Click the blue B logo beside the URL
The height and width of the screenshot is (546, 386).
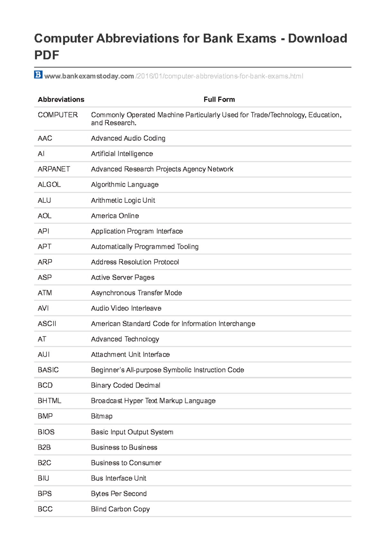point(38,75)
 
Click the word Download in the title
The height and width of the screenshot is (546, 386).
point(317,39)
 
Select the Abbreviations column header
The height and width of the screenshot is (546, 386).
point(61,99)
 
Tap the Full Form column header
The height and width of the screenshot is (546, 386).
point(219,99)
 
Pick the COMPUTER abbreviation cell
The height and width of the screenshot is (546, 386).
point(58,115)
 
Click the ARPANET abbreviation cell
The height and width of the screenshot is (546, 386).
point(54,169)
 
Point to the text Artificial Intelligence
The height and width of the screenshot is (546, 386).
point(122,154)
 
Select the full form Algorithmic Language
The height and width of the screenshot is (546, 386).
point(125,185)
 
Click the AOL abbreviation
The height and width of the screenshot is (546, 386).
point(44,216)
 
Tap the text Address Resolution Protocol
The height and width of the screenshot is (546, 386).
point(135,262)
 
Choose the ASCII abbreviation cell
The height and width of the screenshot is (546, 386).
point(47,324)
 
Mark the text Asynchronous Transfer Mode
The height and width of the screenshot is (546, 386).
point(136,293)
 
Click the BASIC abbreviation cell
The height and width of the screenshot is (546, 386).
point(48,370)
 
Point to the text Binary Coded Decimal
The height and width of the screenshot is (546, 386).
point(125,386)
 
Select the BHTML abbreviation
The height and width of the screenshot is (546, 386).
point(49,401)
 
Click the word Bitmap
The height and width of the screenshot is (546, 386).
point(102,416)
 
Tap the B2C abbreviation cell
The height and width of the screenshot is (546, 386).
point(44,463)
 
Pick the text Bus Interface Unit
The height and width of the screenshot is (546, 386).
point(118,478)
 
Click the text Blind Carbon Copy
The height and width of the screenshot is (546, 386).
point(120,509)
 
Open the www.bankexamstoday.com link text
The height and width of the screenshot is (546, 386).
point(89,76)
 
